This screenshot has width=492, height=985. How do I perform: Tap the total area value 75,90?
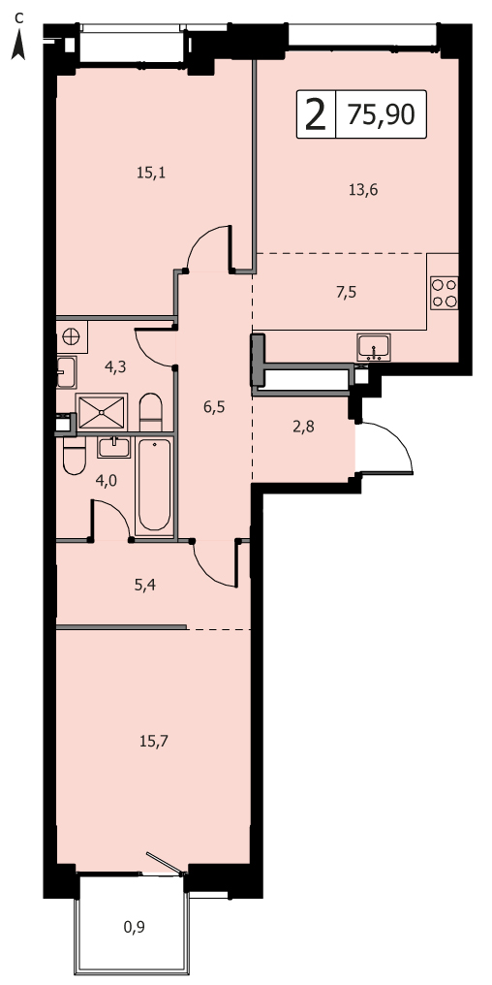(381, 114)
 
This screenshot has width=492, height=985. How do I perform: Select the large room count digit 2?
(316, 115)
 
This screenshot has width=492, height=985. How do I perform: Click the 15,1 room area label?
(151, 173)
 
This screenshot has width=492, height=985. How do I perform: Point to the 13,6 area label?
(363, 189)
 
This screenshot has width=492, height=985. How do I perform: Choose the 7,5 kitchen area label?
(346, 292)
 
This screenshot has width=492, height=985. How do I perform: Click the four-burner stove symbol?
(445, 293)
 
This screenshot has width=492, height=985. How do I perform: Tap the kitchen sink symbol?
(374, 347)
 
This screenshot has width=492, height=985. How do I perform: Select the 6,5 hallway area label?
(213, 406)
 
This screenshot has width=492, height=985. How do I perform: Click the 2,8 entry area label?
(303, 428)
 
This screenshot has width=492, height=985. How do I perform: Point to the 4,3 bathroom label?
(115, 367)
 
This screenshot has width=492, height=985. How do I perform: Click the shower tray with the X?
(102, 411)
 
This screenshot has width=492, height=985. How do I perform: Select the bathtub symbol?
(154, 486)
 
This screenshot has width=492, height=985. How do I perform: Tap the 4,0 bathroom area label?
(106, 481)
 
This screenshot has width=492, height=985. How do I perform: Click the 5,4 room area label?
(145, 586)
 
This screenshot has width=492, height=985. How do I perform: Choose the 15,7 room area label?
(154, 742)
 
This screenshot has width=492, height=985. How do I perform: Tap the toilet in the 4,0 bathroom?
(74, 456)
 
